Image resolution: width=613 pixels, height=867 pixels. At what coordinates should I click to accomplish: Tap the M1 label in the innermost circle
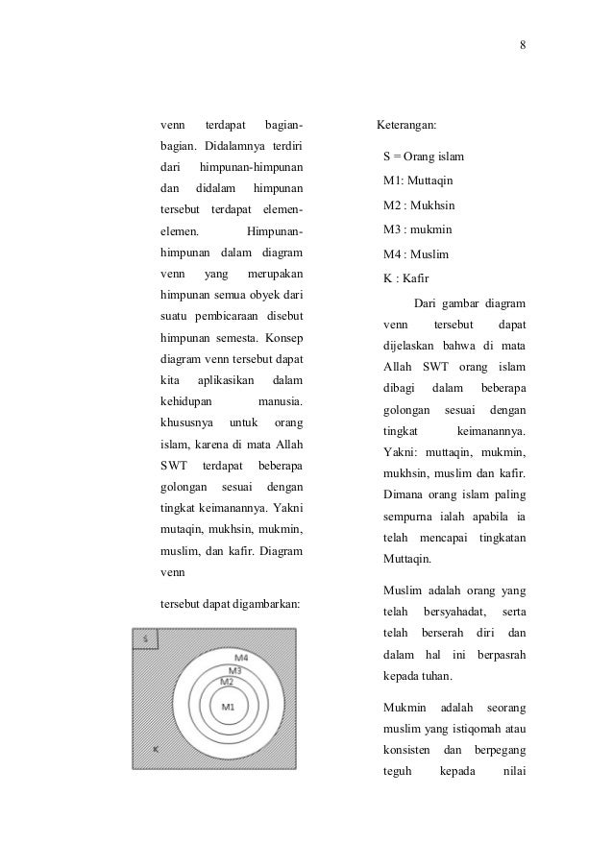click(229, 708)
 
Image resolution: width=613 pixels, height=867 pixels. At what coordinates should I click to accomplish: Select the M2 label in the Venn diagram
click(228, 681)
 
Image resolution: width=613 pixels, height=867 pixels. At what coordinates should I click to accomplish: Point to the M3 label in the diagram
click(234, 669)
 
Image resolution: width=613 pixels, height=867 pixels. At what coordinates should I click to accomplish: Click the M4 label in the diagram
click(241, 657)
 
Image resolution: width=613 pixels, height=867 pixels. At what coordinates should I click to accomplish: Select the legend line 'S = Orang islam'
click(423, 155)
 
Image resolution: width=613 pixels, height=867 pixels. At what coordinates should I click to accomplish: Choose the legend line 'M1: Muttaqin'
click(418, 180)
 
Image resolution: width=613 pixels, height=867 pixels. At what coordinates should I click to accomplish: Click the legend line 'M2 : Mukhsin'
click(419, 205)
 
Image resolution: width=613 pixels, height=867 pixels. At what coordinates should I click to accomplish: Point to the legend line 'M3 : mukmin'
click(417, 229)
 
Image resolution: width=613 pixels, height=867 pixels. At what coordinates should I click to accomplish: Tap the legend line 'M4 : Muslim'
click(415, 254)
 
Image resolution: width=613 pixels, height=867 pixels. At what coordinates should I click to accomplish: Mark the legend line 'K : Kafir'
click(407, 279)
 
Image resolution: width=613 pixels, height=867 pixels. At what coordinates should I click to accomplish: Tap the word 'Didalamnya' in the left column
click(229, 146)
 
